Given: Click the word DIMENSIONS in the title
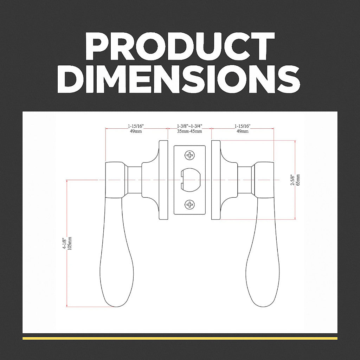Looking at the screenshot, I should (x=180, y=80).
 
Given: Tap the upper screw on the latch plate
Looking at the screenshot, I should (x=190, y=155).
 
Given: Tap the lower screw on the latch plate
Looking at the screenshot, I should (x=190, y=204).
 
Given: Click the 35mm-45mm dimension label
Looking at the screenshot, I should (x=189, y=131).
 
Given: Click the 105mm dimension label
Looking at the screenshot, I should (x=70, y=243).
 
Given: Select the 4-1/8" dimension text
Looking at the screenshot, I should (x=64, y=243).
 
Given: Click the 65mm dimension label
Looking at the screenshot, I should (x=298, y=180).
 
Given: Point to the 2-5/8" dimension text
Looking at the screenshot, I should (x=293, y=180).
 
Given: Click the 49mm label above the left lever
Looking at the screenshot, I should (x=135, y=131).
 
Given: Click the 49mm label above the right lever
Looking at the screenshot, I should (x=243, y=131).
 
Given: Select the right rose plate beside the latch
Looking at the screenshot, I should (x=216, y=180).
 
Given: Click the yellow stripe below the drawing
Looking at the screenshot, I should (x=180, y=338).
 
